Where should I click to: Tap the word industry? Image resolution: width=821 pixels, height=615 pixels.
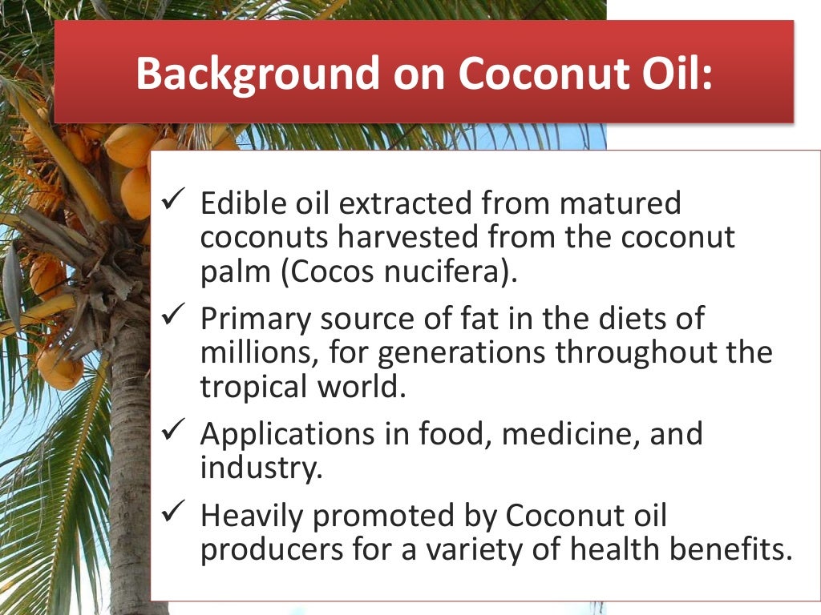(261, 468)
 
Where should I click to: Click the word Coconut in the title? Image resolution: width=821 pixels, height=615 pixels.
(539, 74)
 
